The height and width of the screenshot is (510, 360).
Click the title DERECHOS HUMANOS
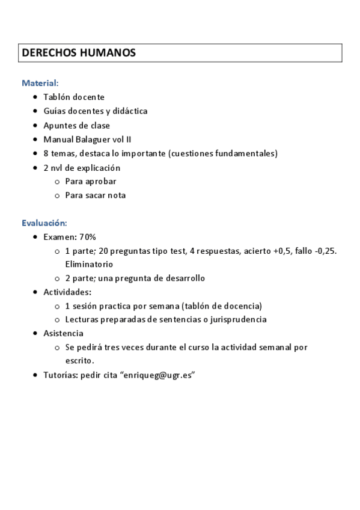pyautogui.click(x=79, y=53)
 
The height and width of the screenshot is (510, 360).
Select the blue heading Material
pyautogui.click(x=39, y=82)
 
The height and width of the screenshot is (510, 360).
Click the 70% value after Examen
pyautogui.click(x=88, y=237)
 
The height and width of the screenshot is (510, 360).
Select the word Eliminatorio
pyautogui.click(x=89, y=264)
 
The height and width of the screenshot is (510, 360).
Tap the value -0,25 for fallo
pyautogui.click(x=325, y=251)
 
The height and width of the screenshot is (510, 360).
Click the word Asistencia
pyautogui.click(x=63, y=333)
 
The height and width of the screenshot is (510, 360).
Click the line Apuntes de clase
pyautogui.click(x=76, y=126)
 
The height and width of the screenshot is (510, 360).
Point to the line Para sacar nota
pyautogui.click(x=95, y=195)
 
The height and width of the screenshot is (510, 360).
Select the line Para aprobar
pyautogui.click(x=90, y=181)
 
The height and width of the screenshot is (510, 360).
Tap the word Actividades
pyautogui.click(x=67, y=292)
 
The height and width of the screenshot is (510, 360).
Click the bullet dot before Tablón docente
pyautogui.click(x=37, y=97)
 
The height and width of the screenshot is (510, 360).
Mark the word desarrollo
pyautogui.click(x=183, y=278)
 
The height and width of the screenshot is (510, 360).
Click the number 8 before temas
pyautogui.click(x=46, y=153)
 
